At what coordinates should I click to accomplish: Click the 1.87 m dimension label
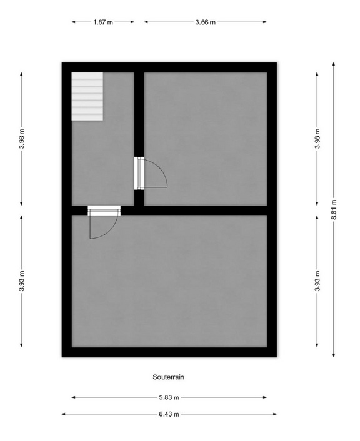click(103, 22)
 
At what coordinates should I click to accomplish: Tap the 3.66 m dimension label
click(206, 22)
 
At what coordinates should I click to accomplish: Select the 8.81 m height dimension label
click(334, 209)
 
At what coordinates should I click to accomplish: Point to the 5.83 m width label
click(169, 397)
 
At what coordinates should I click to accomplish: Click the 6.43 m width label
click(169, 414)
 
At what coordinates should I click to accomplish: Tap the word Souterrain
click(168, 377)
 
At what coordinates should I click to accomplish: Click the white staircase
click(87, 96)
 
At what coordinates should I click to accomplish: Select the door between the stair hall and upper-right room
click(151, 173)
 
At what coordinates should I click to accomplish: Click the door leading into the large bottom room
click(104, 222)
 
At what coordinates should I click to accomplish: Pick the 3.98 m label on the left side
click(21, 139)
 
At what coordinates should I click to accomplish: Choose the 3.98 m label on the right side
click(317, 139)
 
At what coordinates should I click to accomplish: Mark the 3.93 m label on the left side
click(21, 281)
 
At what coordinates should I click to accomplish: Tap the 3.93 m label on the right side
click(317, 281)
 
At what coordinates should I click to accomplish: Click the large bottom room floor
click(169, 281)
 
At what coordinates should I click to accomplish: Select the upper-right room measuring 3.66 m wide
click(206, 139)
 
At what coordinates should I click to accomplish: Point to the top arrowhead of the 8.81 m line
click(334, 64)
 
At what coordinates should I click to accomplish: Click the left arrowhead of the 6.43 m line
click(64, 414)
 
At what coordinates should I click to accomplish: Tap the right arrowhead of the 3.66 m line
click(265, 22)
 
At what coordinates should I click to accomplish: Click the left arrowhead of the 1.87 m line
click(74, 22)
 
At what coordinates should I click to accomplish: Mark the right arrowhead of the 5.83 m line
click(265, 397)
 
